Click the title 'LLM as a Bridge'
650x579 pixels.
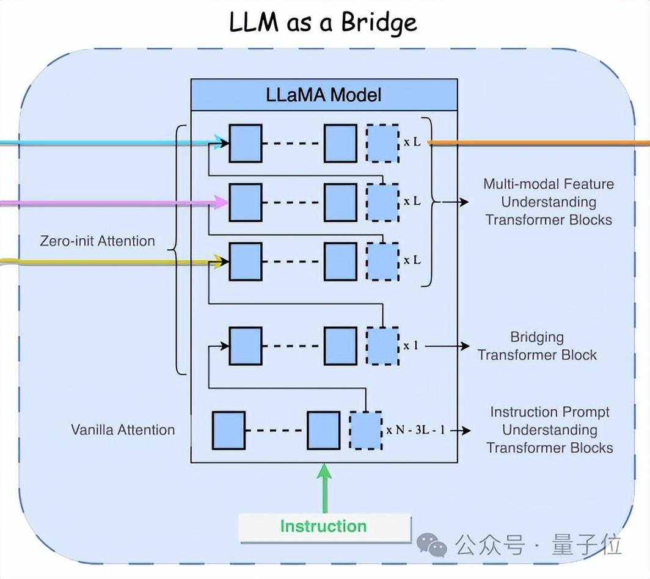point(323,23)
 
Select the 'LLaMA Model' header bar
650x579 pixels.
point(324,95)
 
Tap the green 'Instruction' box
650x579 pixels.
point(324,527)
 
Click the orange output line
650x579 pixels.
point(538,144)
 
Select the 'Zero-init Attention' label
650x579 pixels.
point(98,241)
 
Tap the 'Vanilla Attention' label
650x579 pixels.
point(123,429)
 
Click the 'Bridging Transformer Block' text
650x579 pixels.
point(537,346)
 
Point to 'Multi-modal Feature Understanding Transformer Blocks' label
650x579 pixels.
point(548,202)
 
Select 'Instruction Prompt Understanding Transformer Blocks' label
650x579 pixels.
point(550,429)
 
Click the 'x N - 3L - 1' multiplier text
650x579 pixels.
point(415,431)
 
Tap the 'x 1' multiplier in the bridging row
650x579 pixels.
point(411,346)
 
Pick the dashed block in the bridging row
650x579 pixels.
point(382,346)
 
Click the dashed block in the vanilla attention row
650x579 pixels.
point(365,431)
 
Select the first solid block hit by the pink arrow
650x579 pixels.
point(246,202)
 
